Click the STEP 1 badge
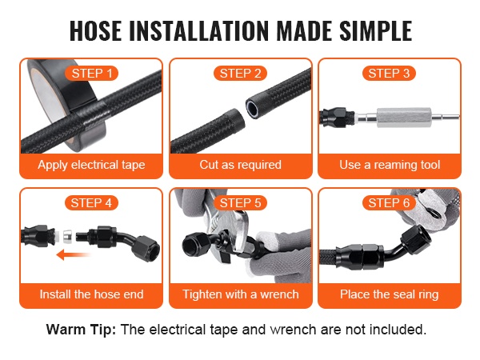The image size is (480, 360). click(x=91, y=74)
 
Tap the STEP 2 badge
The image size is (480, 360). click(x=240, y=74)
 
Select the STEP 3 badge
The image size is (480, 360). click(x=389, y=74)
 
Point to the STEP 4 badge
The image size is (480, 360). click(x=91, y=203)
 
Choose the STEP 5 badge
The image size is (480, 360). click(x=240, y=203)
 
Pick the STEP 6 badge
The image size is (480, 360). click(x=389, y=203)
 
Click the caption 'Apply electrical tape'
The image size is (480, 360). click(x=91, y=166)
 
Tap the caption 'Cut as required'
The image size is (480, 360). click(x=240, y=165)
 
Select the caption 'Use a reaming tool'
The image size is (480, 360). click(x=390, y=166)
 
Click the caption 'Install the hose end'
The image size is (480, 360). click(x=91, y=294)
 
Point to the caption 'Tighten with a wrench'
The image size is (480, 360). click(x=241, y=294)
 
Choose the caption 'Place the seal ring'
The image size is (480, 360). click(x=390, y=294)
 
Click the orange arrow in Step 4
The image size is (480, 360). click(x=74, y=254)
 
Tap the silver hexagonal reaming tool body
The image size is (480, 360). click(x=404, y=117)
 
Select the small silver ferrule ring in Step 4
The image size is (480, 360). click(x=68, y=236)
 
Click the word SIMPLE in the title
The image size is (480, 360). click(x=376, y=30)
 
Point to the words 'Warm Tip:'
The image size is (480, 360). click(x=81, y=330)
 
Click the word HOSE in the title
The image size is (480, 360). click(x=95, y=30)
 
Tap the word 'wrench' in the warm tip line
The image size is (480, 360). click(x=294, y=330)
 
